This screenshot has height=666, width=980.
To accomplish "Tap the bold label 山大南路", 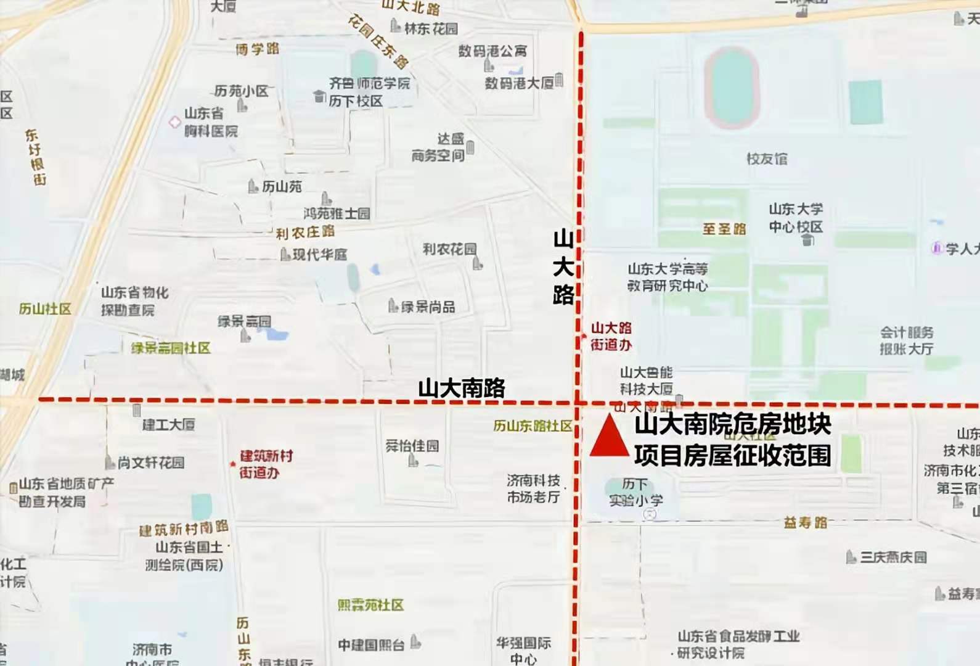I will point(462,388).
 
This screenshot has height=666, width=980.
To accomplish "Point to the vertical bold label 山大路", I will point(563,267).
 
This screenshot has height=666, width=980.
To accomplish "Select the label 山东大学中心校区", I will point(795,218).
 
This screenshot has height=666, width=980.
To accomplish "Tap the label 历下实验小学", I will point(635,491).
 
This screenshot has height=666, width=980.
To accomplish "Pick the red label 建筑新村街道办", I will point(266,464).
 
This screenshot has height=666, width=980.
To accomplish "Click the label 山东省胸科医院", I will point(211,122).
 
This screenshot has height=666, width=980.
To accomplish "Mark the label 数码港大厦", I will point(519,83).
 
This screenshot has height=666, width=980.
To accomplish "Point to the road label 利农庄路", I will point(305,232).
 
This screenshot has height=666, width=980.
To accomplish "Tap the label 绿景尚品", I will point(428,306).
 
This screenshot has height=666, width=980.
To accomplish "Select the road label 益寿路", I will point(805,523).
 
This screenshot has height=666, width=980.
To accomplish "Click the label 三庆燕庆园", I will point(893,557).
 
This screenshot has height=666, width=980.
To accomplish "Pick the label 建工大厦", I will point(168,424).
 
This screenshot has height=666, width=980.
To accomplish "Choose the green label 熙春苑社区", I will point(370,605).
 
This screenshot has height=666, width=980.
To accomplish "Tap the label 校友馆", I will point(767,159).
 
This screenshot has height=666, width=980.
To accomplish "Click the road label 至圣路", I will point(724,229).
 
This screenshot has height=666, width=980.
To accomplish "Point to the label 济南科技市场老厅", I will point(534,488).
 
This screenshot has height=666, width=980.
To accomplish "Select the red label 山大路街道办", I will point(611,336).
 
